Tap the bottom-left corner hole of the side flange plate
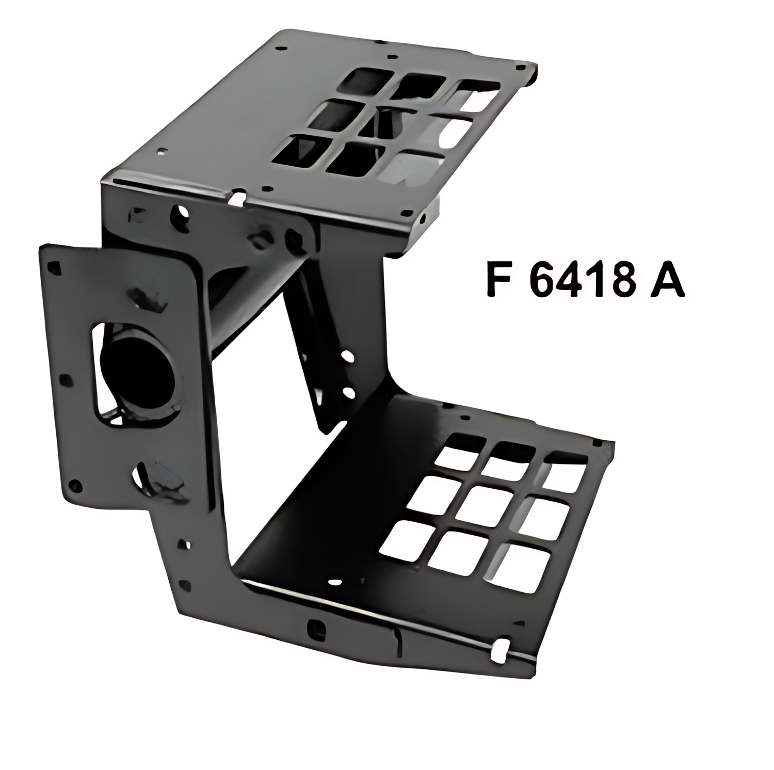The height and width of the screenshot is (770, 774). pos(76,485)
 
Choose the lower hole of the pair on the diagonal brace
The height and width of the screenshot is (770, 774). pos(349,393)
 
